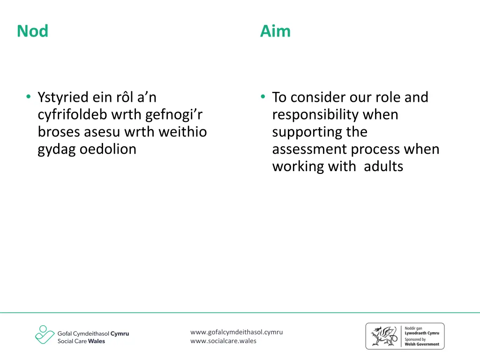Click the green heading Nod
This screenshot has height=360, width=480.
click(x=32, y=31)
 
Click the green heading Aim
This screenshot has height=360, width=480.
click(x=275, y=31)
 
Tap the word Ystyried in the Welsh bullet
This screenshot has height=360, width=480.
click(x=63, y=97)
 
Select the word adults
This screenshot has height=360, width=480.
click(x=383, y=167)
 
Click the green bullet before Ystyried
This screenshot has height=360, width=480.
click(x=29, y=97)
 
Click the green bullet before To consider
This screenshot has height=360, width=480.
click(x=263, y=97)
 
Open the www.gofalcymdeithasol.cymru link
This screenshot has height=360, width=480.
click(x=236, y=332)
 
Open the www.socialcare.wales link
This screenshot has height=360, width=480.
click(x=223, y=341)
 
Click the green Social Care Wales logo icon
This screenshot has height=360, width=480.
click(x=45, y=335)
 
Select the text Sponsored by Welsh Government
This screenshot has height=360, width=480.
click(x=422, y=342)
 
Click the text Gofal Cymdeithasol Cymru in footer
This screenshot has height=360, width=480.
click(x=93, y=333)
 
